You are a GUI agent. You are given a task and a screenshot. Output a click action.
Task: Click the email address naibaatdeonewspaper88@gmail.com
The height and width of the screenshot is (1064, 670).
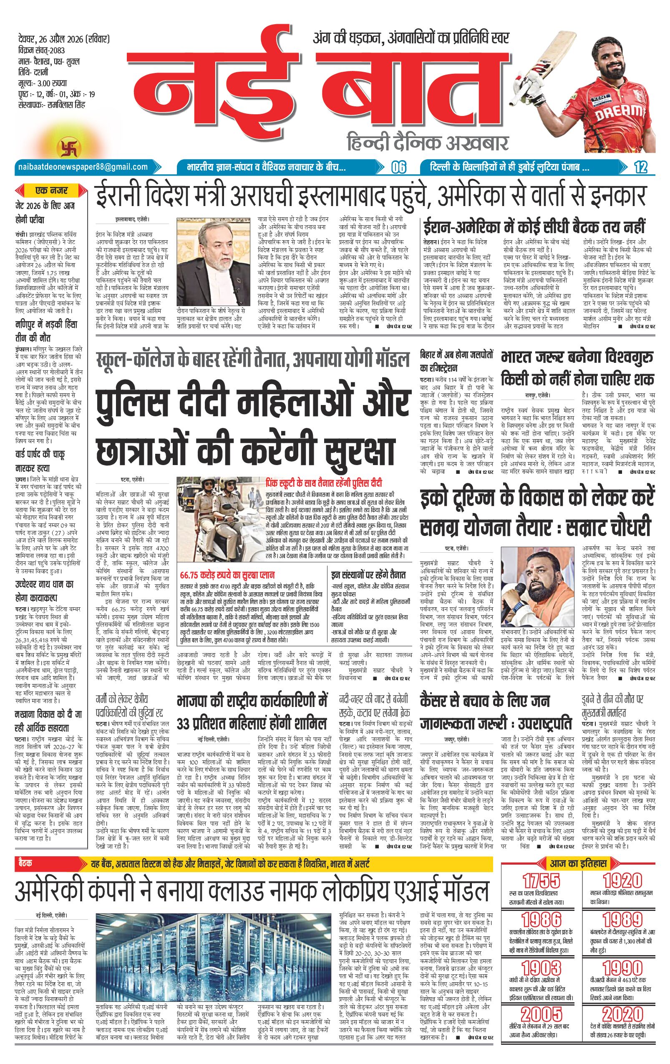click(83, 166)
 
